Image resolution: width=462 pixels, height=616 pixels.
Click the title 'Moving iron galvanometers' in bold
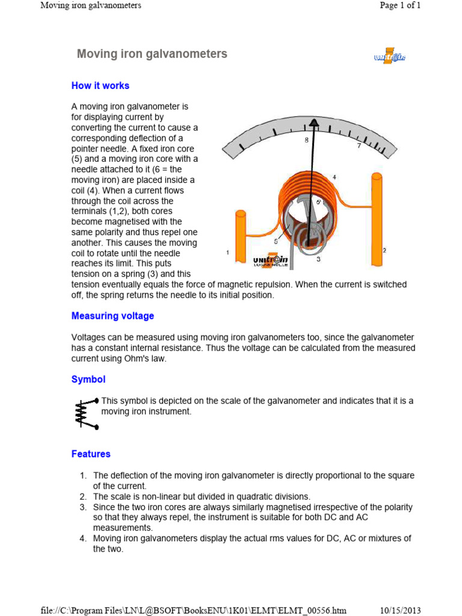click(x=152, y=54)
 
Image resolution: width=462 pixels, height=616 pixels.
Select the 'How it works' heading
click(x=100, y=86)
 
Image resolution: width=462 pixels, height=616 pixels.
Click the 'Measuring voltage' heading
click(x=112, y=316)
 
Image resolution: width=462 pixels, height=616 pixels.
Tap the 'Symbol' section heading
click(x=88, y=380)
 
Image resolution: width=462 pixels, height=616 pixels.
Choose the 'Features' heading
click(x=91, y=454)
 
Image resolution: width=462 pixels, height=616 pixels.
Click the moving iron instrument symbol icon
click(x=85, y=413)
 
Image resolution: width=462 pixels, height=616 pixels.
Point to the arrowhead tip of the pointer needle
click(x=314, y=123)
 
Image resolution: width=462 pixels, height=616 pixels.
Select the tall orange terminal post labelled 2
click(x=377, y=219)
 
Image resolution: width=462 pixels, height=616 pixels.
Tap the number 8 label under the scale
click(x=306, y=140)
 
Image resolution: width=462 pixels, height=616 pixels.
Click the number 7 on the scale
click(x=359, y=146)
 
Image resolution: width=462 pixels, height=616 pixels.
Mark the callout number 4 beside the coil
click(x=334, y=177)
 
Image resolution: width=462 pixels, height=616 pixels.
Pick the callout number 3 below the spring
click(x=318, y=259)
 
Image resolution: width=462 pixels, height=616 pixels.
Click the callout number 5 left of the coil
click(x=276, y=241)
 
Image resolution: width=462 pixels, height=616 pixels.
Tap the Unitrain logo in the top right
click(x=389, y=57)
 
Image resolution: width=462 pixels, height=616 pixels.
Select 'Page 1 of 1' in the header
click(x=400, y=5)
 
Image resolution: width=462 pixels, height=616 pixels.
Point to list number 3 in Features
click(x=84, y=507)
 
